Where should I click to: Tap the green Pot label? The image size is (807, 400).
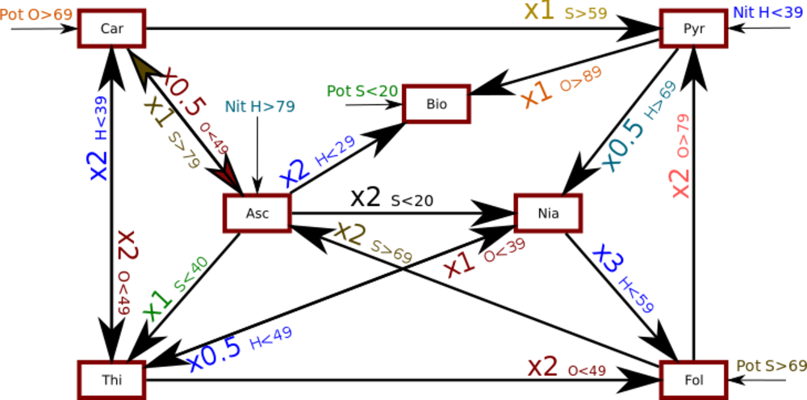point(362,91)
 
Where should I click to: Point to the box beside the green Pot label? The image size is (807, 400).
point(437,103)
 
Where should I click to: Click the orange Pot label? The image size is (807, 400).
point(36,15)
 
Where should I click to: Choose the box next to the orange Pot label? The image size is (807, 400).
point(112,28)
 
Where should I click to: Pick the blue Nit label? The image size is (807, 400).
point(767,12)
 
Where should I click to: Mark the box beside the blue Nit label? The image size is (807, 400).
point(693,28)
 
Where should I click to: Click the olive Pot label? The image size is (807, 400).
point(771,366)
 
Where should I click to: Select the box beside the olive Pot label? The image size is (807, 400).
point(693,377)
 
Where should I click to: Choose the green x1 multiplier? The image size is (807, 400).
point(157,301)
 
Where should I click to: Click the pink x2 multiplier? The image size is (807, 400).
point(680,183)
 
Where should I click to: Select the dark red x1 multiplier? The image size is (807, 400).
point(459,263)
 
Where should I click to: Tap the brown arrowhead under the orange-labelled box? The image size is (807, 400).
point(144,68)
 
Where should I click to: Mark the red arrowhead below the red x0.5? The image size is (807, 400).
point(225,173)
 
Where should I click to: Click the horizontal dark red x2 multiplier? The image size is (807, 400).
point(542,367)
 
